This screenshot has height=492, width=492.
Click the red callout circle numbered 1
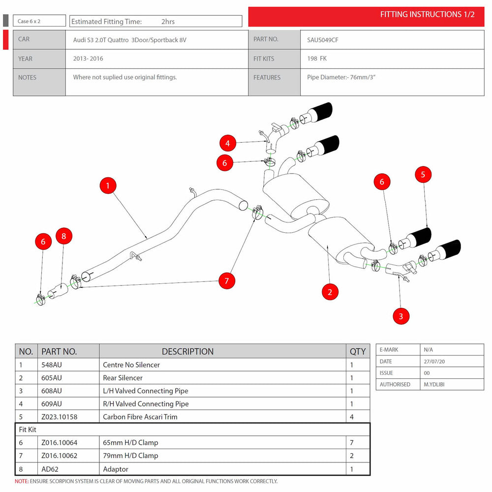click(108, 185)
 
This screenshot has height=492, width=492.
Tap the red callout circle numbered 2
click(330, 292)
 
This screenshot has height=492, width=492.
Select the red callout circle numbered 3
click(400, 316)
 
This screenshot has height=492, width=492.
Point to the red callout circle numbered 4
click(227, 143)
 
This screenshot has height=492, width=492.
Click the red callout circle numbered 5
click(423, 175)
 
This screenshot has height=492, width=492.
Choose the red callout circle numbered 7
click(227, 280)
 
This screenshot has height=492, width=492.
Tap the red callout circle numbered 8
click(64, 236)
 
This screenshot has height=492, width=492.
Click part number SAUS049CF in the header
click(323, 40)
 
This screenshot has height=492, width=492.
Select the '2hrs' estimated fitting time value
click(168, 22)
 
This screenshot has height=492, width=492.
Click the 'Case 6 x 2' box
click(39, 21)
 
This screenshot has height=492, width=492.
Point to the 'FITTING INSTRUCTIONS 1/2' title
click(428, 14)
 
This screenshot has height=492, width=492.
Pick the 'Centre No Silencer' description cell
click(131, 365)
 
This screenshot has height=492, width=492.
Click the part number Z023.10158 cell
click(60, 417)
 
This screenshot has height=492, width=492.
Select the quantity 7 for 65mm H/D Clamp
click(352, 442)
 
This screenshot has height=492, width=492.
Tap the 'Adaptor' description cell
click(116, 469)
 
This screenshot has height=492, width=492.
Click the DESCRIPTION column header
click(187, 351)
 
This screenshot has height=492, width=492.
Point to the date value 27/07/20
click(434, 362)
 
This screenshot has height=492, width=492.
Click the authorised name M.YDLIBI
click(434, 384)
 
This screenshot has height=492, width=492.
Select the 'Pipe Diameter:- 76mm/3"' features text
click(341, 77)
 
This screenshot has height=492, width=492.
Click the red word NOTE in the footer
click(21, 481)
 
